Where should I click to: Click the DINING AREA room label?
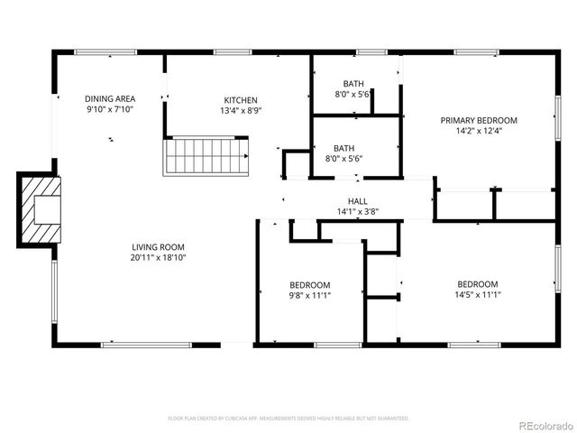(110, 99)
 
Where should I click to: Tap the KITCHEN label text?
(241, 100)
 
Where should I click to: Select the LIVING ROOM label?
(158, 246)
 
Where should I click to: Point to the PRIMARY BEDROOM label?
(478, 120)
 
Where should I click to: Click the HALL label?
(357, 201)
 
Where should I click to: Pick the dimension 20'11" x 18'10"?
(158, 257)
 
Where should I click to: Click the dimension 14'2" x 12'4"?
(478, 131)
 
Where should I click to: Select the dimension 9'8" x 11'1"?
(310, 295)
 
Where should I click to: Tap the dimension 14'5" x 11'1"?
(477, 294)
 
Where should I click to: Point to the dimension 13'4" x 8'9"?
(241, 111)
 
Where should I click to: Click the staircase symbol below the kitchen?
(205, 156)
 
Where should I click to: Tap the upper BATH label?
(353, 84)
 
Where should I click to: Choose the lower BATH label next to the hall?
(343, 149)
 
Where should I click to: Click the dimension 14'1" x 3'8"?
(357, 212)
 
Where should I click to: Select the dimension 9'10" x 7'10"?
(110, 110)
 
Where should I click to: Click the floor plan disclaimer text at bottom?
(288, 419)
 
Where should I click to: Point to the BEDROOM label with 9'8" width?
(310, 284)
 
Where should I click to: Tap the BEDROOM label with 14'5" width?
(477, 283)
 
